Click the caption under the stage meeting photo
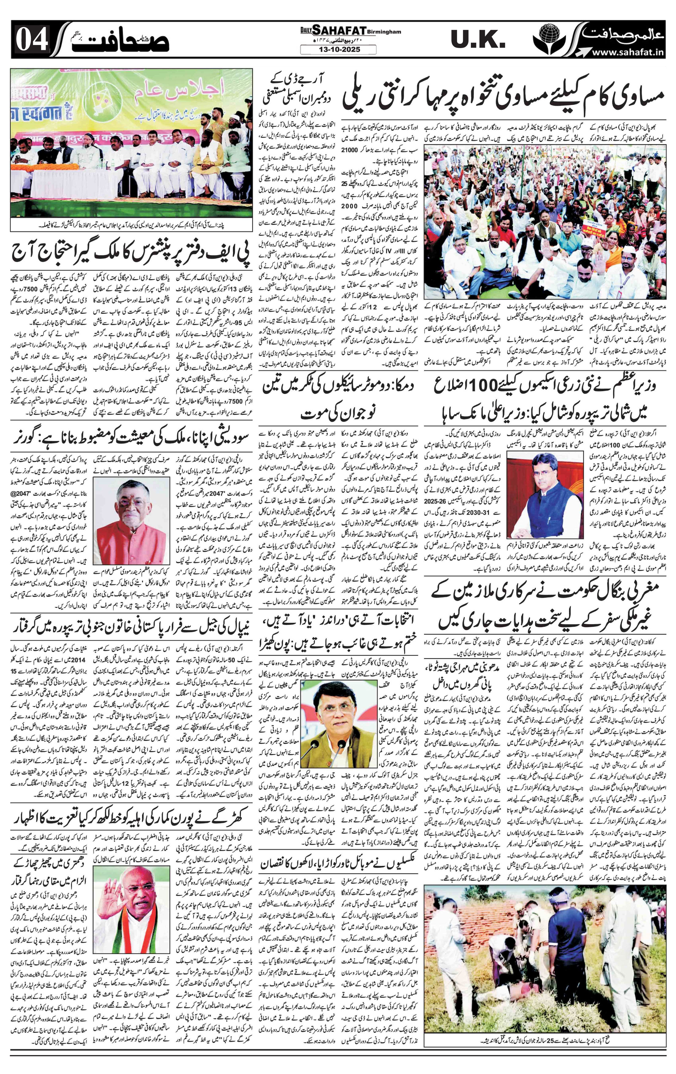(x=132, y=225)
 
